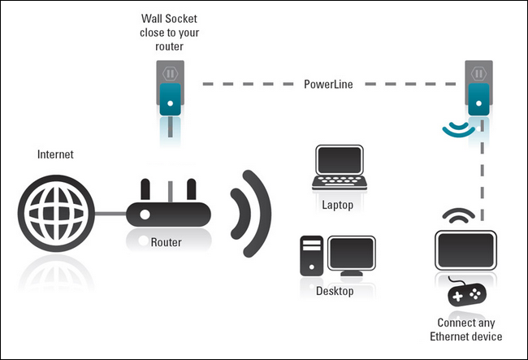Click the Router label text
(x=166, y=242)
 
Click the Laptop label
(x=338, y=205)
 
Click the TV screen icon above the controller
(x=466, y=250)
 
